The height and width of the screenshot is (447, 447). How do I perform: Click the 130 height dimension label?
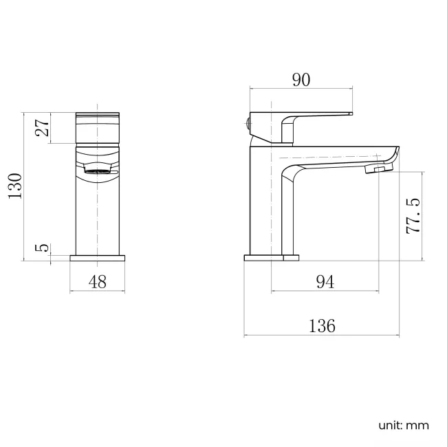(x=15, y=186)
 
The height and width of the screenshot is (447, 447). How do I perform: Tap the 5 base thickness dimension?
(x=42, y=247)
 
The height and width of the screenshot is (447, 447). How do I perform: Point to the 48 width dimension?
(x=98, y=281)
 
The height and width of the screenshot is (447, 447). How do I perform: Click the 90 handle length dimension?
(x=301, y=80)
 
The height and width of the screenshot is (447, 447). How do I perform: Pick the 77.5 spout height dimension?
(x=413, y=216)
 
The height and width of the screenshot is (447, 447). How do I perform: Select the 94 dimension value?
(x=325, y=281)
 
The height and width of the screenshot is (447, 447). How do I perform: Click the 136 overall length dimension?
(x=322, y=325)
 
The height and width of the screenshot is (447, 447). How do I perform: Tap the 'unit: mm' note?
(x=403, y=425)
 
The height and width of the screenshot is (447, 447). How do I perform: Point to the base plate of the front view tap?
(x=98, y=259)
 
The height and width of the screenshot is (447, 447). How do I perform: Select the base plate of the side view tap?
(x=272, y=259)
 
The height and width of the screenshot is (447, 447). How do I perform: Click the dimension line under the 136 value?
(x=322, y=336)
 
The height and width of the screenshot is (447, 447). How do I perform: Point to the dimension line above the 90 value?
(x=301, y=88)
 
